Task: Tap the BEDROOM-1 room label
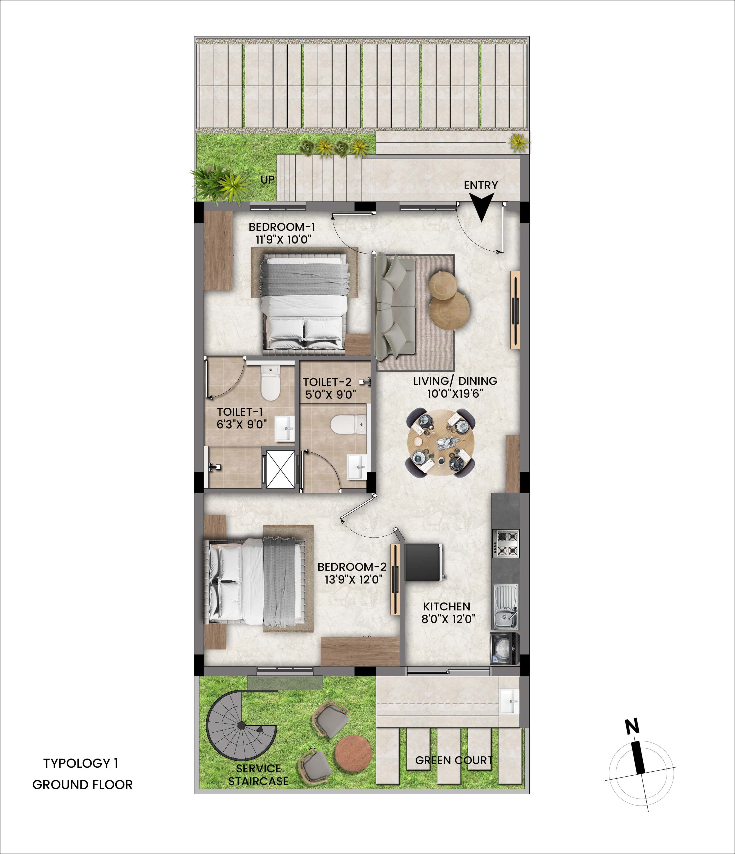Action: (x=282, y=227)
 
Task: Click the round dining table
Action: (x=440, y=443)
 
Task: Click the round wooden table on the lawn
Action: (x=353, y=754)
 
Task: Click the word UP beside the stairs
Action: (x=268, y=180)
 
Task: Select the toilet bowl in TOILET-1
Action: (x=270, y=383)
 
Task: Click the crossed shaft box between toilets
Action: (x=280, y=469)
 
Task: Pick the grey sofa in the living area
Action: (x=394, y=306)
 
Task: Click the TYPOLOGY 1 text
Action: (x=81, y=763)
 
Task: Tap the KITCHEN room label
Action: (x=447, y=607)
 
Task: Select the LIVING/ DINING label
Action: (x=455, y=381)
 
